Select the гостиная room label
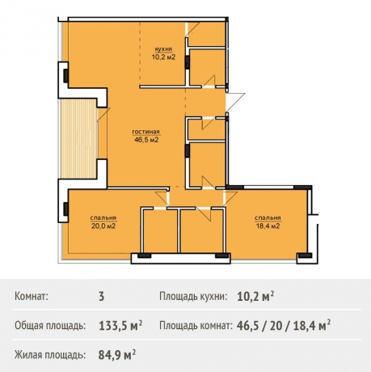(x=145, y=131)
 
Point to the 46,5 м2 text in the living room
(x=145, y=139)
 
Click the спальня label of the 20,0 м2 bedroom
(x=103, y=218)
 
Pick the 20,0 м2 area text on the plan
(x=103, y=226)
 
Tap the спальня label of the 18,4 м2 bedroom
(x=268, y=218)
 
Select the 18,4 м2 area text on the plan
(x=268, y=226)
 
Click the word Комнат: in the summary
(x=32, y=297)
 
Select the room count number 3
(x=101, y=297)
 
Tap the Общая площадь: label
(x=50, y=326)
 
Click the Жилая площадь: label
(x=50, y=354)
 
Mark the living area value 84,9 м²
(x=116, y=354)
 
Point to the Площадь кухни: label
(x=192, y=297)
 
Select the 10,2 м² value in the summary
(x=255, y=297)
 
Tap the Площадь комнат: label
(x=194, y=326)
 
